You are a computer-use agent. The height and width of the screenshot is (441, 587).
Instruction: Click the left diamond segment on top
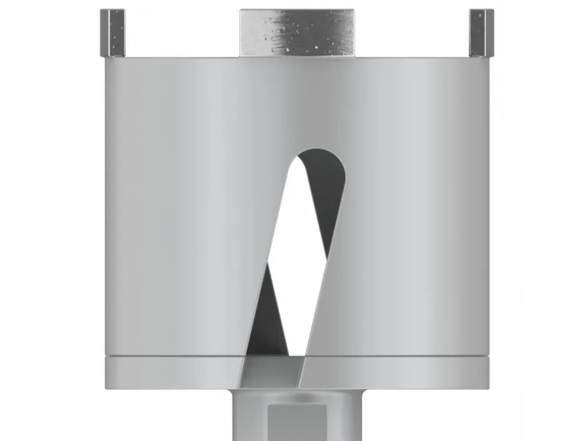[x=112, y=33]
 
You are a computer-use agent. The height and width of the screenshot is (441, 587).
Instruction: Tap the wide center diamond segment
[x=297, y=33]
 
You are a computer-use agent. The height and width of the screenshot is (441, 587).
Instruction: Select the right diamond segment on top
[x=481, y=33]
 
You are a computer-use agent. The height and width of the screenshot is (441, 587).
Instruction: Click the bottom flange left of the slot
[x=175, y=372]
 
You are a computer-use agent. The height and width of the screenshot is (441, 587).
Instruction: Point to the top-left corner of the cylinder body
[x=106, y=58]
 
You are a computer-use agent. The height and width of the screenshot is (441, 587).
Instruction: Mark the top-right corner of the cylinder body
[x=488, y=58]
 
